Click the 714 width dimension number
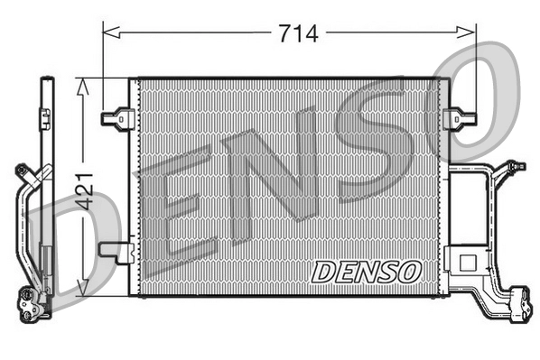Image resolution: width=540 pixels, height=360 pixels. click(x=297, y=33)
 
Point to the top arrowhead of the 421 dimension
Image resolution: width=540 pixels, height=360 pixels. click(x=83, y=84)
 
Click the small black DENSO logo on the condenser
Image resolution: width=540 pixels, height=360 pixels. click(x=366, y=270)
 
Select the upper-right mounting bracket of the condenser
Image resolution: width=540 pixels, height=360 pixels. click(x=461, y=117)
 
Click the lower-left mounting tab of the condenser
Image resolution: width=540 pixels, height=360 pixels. click(x=116, y=250)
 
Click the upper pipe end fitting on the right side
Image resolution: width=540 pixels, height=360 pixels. click(x=514, y=167)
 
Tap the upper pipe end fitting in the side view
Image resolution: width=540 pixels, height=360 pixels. click(x=21, y=169)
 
